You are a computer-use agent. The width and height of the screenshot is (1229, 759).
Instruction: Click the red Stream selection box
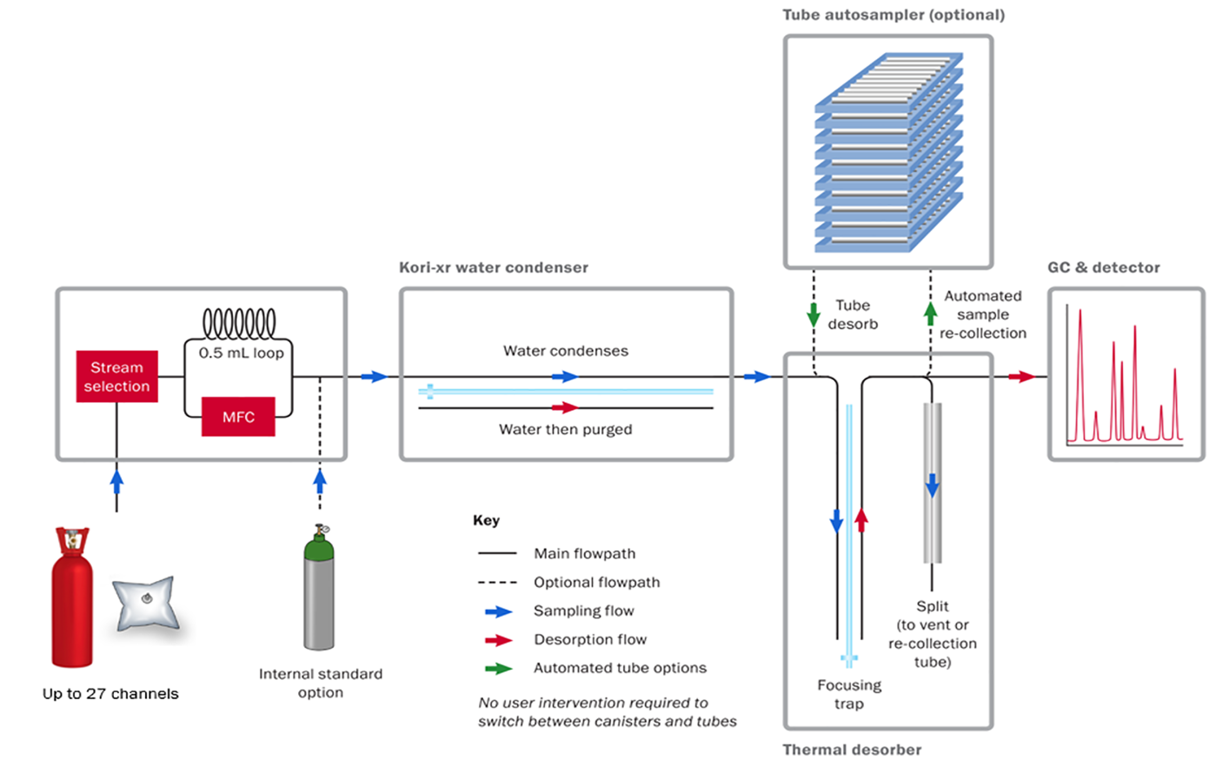pos(117,376)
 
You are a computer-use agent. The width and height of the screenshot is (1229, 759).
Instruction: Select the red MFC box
pos(238,417)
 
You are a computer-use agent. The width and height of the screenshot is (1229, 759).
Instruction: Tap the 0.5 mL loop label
pos(241,353)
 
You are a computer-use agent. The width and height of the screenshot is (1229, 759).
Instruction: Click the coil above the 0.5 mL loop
pos(239,323)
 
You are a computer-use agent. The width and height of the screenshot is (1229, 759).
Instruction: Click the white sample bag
pos(146,603)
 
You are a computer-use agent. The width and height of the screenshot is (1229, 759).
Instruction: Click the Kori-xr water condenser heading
pos(494,267)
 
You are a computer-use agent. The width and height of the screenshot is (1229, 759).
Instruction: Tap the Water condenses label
pos(565,351)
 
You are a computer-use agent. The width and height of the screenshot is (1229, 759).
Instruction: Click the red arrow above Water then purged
pos(565,407)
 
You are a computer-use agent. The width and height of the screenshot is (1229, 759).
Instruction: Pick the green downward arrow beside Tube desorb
pos(814,313)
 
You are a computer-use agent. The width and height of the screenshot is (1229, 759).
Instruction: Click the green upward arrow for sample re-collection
pos(930,313)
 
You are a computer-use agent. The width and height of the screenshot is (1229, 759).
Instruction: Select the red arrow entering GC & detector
pos(1021,377)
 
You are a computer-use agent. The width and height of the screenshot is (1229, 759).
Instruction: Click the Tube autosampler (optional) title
pos(894,15)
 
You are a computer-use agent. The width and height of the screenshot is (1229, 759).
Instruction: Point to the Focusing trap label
pos(849,694)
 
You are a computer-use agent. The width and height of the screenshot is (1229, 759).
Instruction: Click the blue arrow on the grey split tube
pos(932,485)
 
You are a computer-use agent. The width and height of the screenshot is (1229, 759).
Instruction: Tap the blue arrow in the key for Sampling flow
pos(498,611)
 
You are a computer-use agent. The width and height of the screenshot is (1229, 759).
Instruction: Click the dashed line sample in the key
pos(498,583)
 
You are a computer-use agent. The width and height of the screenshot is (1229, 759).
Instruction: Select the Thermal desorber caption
pos(852,749)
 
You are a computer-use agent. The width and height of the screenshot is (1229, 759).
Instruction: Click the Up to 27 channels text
pos(110,694)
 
